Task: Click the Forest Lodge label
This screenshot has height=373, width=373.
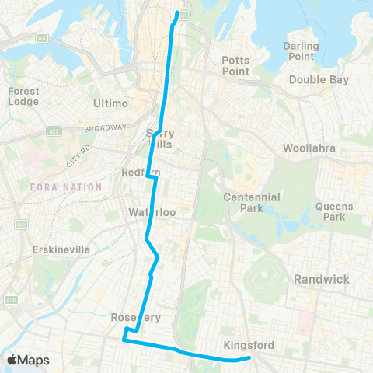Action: tap(23, 96)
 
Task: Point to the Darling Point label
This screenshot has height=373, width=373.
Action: tap(301, 51)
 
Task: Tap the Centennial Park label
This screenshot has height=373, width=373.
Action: tap(251, 204)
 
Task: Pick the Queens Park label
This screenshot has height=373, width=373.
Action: tap(334, 212)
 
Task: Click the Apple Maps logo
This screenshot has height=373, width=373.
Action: tap(28, 360)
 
